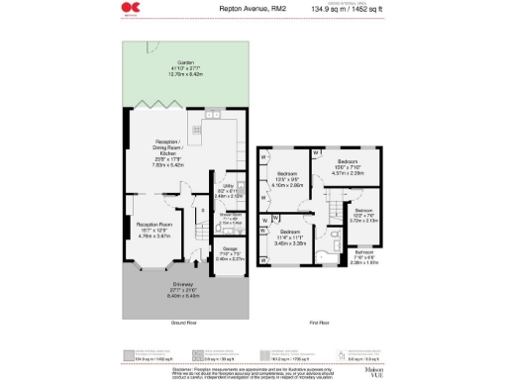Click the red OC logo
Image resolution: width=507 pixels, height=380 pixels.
click(129, 9)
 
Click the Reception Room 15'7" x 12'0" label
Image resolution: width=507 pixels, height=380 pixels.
click(153, 230)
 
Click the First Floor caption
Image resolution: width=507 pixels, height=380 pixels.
click(319, 323)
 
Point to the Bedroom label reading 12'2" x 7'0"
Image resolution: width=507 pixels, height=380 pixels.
click(363, 215)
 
